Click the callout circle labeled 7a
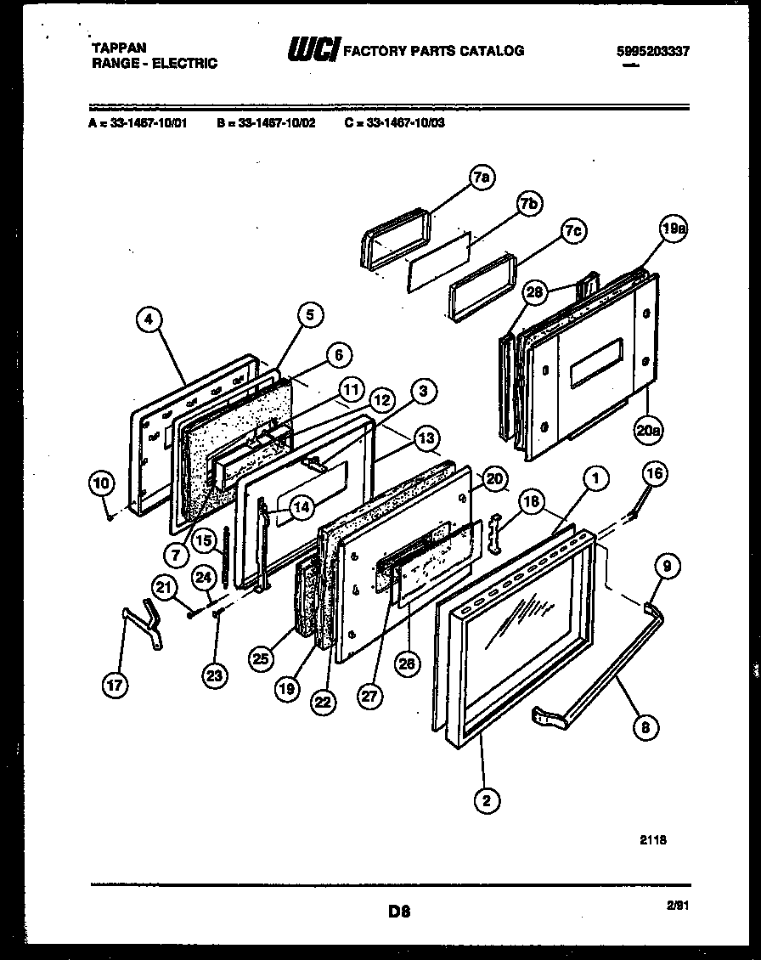(x=482, y=177)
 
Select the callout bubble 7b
(x=529, y=203)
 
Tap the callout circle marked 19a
(x=672, y=229)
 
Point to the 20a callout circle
(x=648, y=430)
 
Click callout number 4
(x=149, y=320)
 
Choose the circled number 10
(x=101, y=483)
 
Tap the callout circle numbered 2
(x=487, y=799)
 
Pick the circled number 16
(x=654, y=474)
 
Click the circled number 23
(x=217, y=676)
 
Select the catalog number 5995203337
(x=652, y=51)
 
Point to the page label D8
(x=400, y=912)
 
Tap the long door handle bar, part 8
(x=603, y=671)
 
